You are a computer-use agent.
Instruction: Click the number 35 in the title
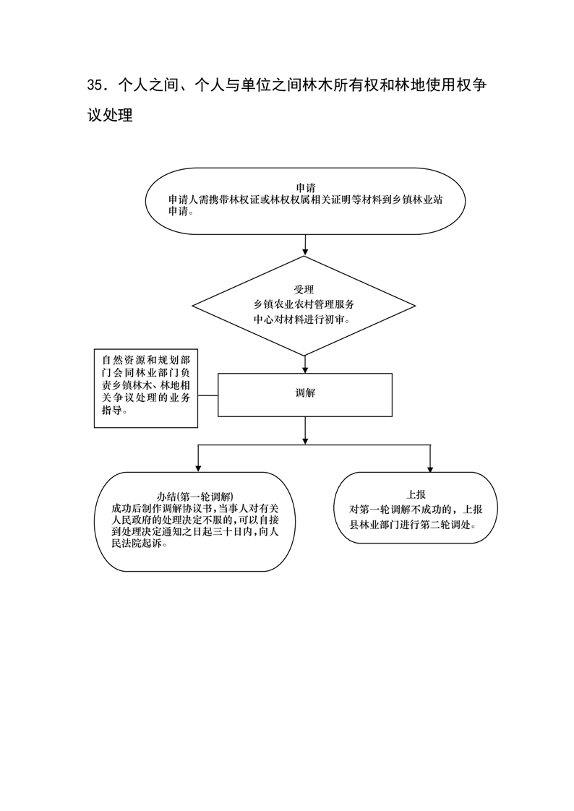pos(95,85)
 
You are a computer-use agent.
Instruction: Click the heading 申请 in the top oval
pos(306,188)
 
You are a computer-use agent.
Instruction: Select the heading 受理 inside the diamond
pos(304,290)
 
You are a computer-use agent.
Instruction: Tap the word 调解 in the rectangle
pos(305,393)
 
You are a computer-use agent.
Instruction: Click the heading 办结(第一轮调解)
pos(195,497)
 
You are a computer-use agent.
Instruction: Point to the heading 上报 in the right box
pos(416,495)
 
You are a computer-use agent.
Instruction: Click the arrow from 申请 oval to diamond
pos(305,245)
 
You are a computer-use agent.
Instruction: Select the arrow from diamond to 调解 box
pos(305,364)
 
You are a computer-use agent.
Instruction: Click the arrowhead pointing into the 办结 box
pos(197,468)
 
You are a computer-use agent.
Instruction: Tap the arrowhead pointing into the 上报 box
pos(429,468)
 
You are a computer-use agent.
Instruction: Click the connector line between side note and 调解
pos(208,395)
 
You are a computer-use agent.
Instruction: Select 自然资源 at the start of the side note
pos(124,360)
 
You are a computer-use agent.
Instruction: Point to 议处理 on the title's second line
pos(110,115)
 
